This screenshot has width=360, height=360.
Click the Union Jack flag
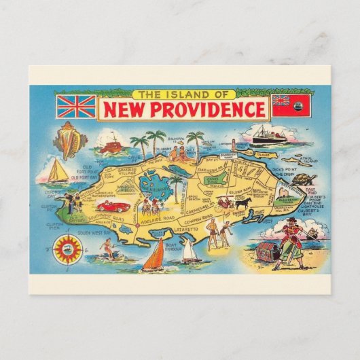76,106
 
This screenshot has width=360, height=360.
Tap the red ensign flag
290,105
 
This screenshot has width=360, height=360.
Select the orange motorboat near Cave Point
108,145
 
